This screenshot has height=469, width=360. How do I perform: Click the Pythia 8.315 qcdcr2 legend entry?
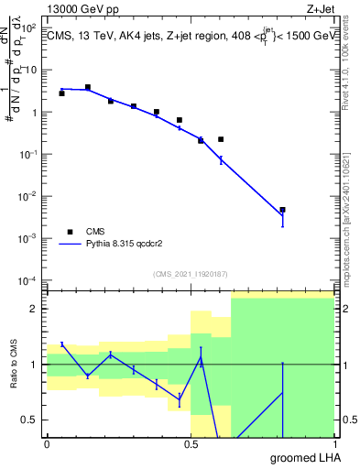point(119,245)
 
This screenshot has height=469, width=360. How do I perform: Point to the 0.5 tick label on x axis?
point(190,443)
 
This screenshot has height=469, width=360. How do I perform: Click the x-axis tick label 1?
point(333,443)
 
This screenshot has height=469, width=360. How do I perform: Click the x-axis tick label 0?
point(47,443)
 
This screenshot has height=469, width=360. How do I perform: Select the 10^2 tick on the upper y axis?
point(31,27)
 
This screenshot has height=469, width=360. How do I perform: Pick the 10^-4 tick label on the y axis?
point(29,279)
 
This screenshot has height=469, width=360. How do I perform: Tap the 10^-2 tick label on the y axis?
point(29,196)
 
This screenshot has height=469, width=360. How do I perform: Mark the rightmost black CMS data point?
point(283,210)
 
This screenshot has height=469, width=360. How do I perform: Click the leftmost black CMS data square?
point(61,93)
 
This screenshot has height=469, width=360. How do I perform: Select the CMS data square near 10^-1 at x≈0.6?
point(221,139)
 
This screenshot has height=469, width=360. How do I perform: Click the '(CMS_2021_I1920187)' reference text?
point(190,273)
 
